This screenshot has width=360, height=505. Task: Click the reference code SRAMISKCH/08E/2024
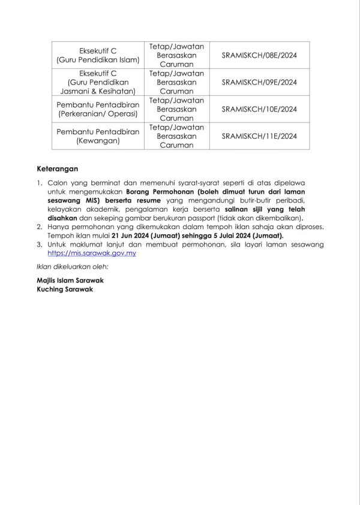pyautogui.click(x=259, y=55)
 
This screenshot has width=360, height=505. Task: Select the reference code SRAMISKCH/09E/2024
pyautogui.click(x=259, y=82)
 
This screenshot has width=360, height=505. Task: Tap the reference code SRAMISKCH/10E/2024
pyautogui.click(x=259, y=109)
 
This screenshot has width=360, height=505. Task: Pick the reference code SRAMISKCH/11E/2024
pyautogui.click(x=259, y=136)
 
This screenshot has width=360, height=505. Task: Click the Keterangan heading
pyautogui.click(x=57, y=169)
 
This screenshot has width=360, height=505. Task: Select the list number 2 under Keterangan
pyautogui.click(x=40, y=228)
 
